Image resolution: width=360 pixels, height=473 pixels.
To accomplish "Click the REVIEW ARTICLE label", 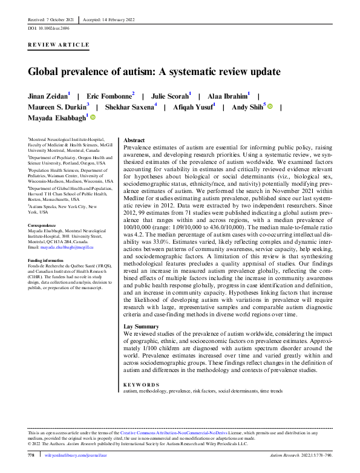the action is pos(59,45).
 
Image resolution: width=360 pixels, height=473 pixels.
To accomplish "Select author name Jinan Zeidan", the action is pos(47,96).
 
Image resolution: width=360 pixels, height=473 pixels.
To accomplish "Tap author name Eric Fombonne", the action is pos(108,96).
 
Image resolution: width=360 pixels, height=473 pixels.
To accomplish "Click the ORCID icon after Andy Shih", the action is pos(270,106).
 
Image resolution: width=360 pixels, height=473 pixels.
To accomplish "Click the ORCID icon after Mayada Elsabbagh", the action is pos(93,118).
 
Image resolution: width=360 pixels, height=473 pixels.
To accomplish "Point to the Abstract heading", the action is pos(135,140).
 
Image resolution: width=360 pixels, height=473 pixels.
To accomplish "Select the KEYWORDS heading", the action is pos(142,385).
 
